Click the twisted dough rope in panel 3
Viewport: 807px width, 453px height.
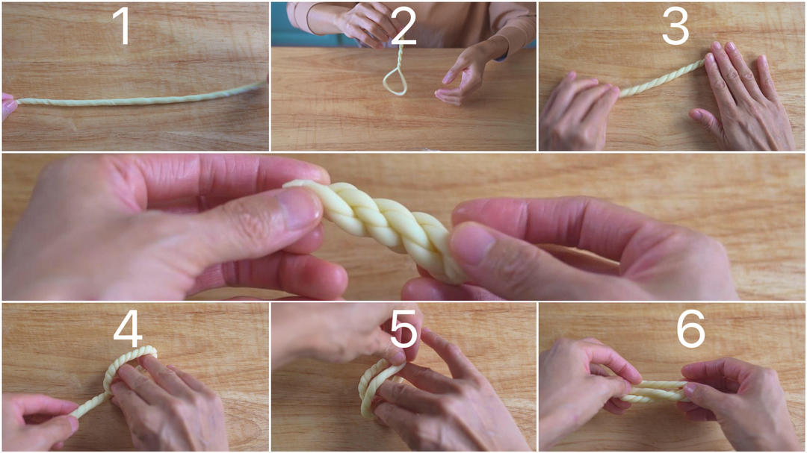(661, 78)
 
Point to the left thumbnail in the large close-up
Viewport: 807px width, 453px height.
(300, 207)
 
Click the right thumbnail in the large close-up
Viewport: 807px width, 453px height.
(472, 246)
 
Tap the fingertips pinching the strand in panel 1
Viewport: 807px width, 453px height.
(9, 105)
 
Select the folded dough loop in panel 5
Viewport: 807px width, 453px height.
(371, 387)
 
